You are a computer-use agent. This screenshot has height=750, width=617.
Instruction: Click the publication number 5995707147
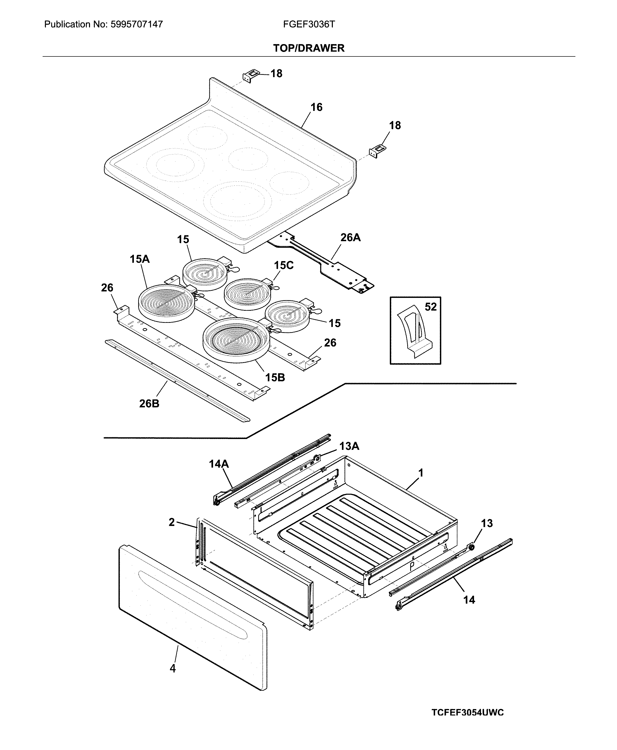pyautogui.click(x=137, y=24)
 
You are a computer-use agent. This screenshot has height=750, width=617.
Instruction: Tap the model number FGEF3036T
pyautogui.click(x=309, y=24)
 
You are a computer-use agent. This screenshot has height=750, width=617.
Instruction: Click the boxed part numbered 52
pyautogui.click(x=415, y=331)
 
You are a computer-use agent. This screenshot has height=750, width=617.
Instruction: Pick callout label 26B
pyautogui.click(x=149, y=403)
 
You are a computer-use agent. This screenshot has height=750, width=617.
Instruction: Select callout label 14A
pyautogui.click(x=219, y=464)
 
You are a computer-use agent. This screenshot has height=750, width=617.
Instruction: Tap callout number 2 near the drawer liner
pyautogui.click(x=172, y=522)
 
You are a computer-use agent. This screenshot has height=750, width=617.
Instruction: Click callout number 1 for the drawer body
pyautogui.click(x=421, y=473)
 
